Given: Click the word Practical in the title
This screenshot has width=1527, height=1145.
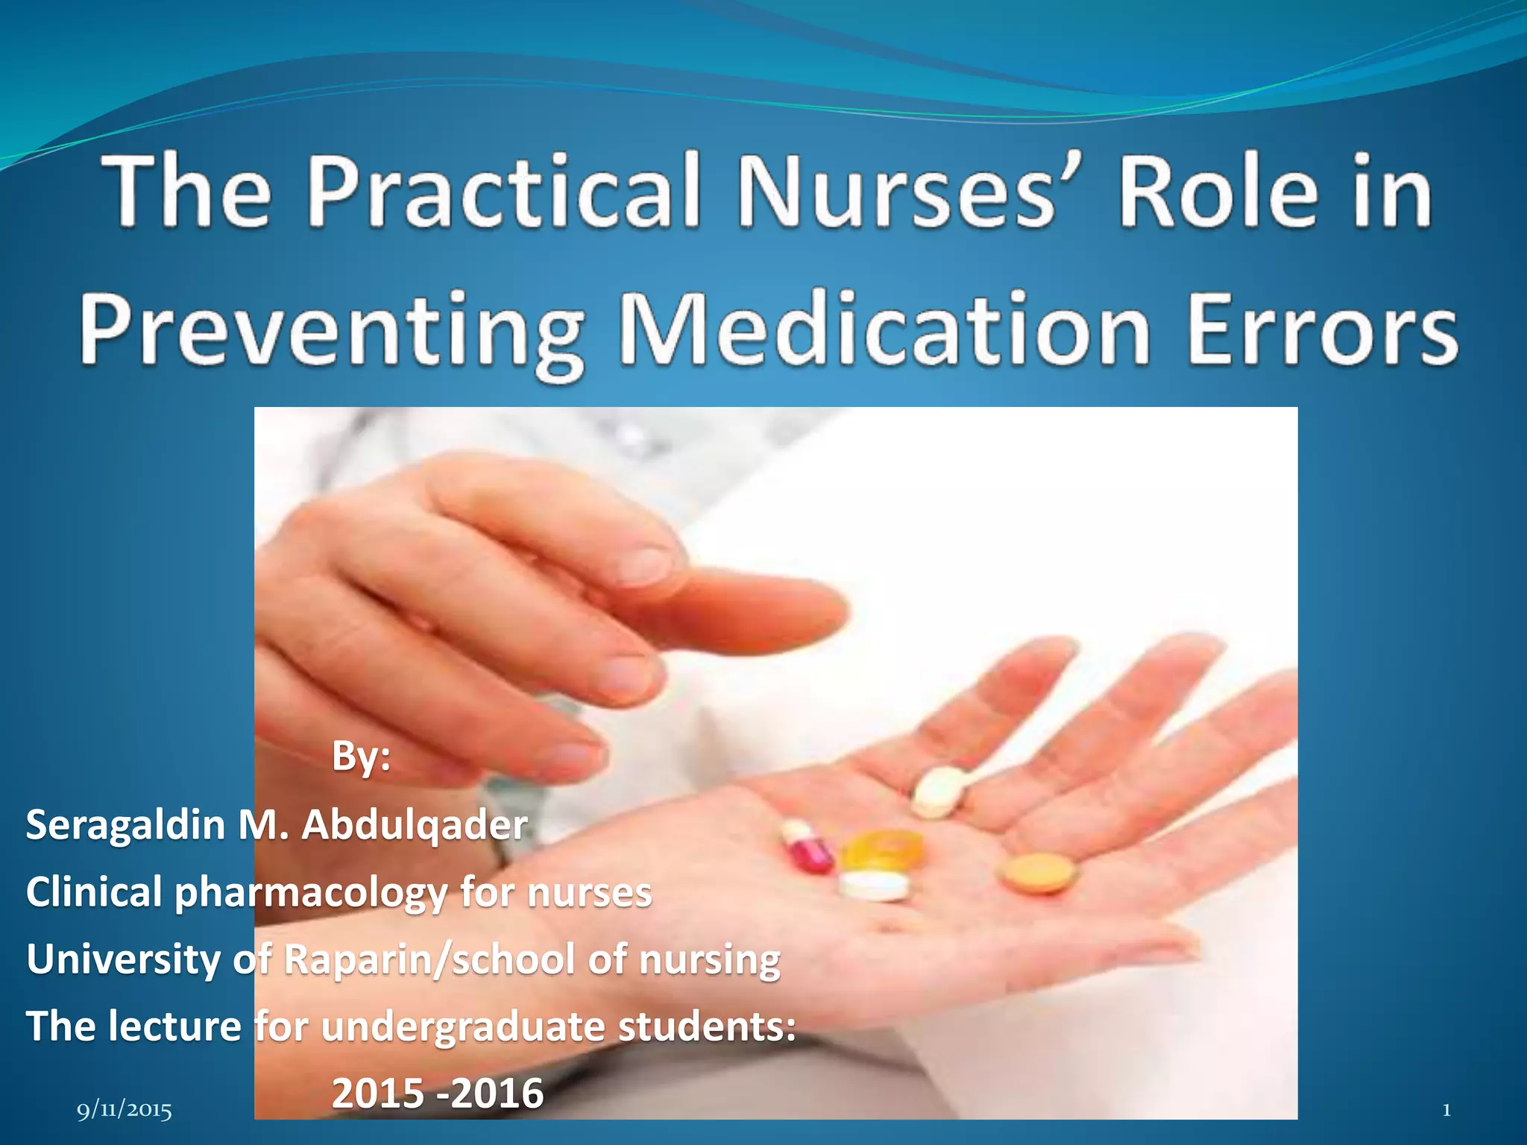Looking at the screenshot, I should click(504, 192).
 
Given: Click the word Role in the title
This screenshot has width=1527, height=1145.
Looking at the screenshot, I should click(1218, 192).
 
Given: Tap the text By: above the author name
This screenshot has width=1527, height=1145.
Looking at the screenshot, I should click(361, 756).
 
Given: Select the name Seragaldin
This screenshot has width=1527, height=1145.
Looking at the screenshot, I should click(125, 824).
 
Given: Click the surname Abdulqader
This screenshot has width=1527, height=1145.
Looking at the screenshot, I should click(415, 824).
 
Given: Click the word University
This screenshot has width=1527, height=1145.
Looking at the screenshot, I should click(124, 959).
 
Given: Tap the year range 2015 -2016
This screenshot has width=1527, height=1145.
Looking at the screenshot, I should click(438, 1093).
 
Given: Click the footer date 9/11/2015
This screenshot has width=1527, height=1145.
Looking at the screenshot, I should click(125, 1111).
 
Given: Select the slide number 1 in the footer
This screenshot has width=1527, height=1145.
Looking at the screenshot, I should click(1446, 1110).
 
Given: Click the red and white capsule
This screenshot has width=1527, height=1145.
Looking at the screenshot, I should click(807, 847).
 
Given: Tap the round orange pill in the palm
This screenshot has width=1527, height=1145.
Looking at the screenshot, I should click(1039, 872).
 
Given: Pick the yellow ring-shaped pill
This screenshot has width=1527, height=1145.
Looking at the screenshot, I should click(883, 849).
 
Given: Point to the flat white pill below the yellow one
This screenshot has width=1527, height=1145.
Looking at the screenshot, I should click(874, 886).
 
